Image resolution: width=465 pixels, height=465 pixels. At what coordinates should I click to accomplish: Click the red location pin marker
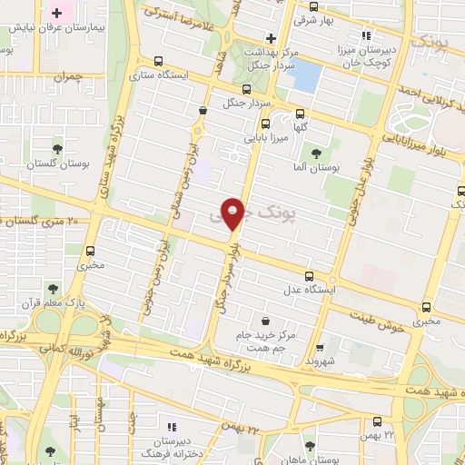click(x=233, y=213)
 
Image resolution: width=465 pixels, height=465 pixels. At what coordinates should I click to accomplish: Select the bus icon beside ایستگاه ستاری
click(x=160, y=62)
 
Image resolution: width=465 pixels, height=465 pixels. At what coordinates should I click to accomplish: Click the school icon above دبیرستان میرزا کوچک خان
click(x=367, y=36)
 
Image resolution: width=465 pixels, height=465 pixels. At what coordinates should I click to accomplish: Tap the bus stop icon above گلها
click(x=300, y=114)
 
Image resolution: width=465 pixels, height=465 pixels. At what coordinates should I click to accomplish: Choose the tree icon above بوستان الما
click(x=316, y=153)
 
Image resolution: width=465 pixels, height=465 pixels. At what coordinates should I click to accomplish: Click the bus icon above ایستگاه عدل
click(x=309, y=276)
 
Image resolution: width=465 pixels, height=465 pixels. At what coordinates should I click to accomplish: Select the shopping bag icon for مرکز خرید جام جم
click(x=264, y=321)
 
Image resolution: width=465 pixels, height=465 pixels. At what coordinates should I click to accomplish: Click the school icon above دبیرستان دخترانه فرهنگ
click(x=172, y=425)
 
